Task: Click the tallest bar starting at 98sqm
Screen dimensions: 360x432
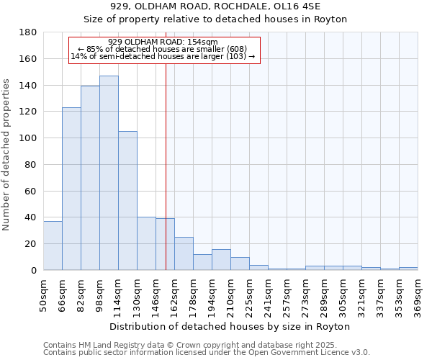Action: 109,173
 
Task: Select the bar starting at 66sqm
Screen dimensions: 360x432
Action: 71,189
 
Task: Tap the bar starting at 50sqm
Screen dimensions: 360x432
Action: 53,246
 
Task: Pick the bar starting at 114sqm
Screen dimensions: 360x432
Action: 127,201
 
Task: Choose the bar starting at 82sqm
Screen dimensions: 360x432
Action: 90,178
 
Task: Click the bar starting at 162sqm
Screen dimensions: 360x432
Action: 184,253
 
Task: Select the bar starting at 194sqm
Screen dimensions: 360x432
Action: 221,260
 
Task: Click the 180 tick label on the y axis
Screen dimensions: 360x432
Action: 29,32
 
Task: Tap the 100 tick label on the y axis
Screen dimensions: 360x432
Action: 29,138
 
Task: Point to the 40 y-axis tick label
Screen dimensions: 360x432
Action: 32,217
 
